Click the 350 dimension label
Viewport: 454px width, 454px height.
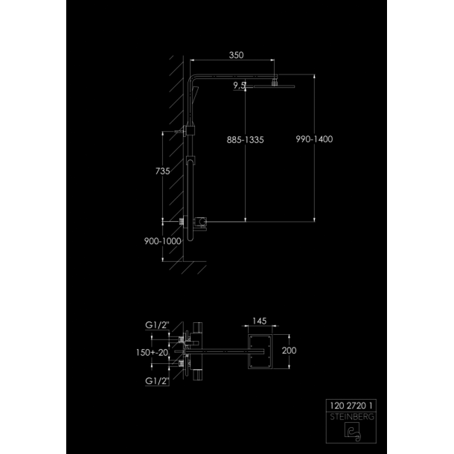coord(236,55)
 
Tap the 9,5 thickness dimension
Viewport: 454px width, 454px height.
coord(240,86)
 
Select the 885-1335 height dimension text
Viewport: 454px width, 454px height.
coord(246,140)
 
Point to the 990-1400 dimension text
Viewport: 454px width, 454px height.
coord(314,139)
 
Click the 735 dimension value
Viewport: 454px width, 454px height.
coord(162,171)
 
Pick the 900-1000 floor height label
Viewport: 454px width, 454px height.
coord(163,241)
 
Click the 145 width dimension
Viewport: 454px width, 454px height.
coord(259,321)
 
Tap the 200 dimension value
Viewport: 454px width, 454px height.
coord(289,351)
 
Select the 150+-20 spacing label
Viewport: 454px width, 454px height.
coord(152,352)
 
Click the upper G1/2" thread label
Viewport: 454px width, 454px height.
coord(157,325)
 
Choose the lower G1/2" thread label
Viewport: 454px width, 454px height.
coord(157,381)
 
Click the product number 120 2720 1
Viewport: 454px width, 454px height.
coord(351,406)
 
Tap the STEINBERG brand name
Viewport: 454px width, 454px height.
coord(352,417)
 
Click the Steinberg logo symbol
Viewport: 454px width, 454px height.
coord(352,432)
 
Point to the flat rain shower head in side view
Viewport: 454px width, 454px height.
coord(274,86)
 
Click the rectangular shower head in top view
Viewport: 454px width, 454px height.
coord(260,351)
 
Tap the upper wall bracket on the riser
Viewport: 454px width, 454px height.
coord(190,130)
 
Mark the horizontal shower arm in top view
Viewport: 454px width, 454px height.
coord(224,352)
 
